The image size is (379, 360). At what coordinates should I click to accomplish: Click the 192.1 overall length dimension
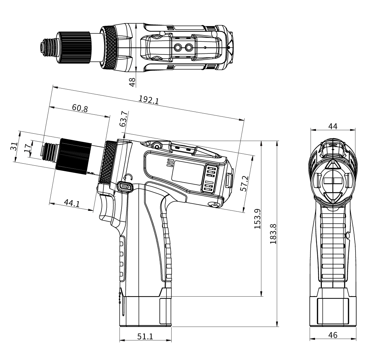tap(148, 99)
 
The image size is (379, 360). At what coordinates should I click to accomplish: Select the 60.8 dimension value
tap(80, 108)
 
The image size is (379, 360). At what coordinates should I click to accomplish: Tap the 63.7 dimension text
tap(123, 119)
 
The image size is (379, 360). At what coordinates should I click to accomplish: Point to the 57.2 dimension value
tap(244, 184)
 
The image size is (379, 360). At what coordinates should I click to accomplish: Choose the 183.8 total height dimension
tap(273, 234)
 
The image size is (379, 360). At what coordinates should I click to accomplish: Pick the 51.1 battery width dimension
tap(145, 336)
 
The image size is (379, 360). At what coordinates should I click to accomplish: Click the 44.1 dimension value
tap(72, 203)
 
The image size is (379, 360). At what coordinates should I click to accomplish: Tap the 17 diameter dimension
tap(28, 148)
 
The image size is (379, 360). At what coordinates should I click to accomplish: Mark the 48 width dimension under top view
tap(132, 82)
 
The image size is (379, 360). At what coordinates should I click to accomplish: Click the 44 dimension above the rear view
tap(333, 126)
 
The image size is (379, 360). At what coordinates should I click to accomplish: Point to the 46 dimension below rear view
tap(333, 335)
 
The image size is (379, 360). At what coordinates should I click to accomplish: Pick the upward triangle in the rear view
tap(333, 165)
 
